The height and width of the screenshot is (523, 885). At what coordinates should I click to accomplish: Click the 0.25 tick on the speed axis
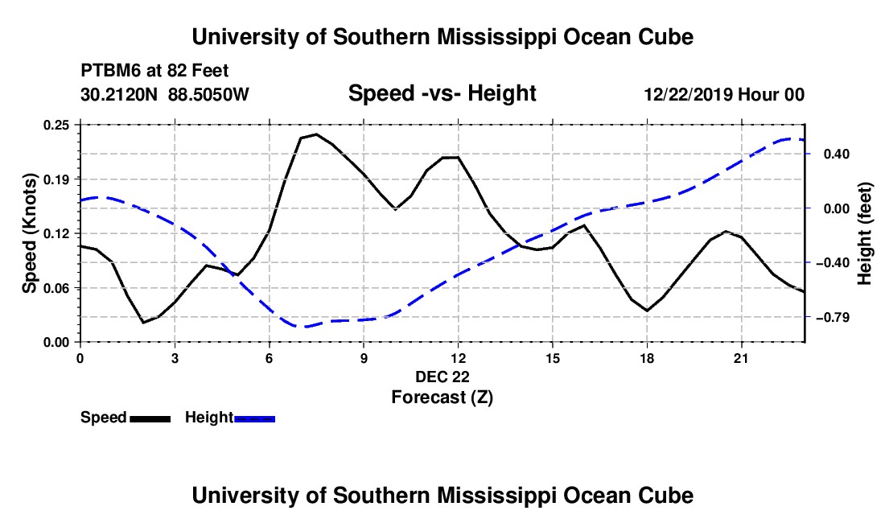(x=56, y=126)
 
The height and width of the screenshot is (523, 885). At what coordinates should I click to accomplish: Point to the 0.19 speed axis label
(x=56, y=179)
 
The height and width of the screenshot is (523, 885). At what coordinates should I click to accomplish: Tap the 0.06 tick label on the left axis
(x=56, y=288)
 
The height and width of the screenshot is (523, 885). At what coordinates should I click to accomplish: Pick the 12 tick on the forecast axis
(x=459, y=358)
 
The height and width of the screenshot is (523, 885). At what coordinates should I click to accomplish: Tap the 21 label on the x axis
(x=741, y=358)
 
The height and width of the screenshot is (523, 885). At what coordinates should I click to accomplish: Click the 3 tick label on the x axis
(x=175, y=358)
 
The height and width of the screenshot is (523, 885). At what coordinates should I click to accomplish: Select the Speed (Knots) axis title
(x=29, y=233)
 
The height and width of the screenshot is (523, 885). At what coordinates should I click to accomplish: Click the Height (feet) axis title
(x=865, y=233)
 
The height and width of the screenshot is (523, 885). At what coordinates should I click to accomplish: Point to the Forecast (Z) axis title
(x=442, y=397)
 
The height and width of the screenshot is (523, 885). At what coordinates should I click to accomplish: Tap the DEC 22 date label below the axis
(x=442, y=377)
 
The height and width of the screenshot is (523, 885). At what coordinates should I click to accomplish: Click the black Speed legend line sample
(x=150, y=419)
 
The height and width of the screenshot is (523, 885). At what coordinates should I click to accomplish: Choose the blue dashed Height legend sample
(x=254, y=419)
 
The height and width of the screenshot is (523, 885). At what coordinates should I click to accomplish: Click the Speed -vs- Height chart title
(x=442, y=93)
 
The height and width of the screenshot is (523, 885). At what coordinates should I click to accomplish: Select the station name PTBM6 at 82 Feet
(x=154, y=71)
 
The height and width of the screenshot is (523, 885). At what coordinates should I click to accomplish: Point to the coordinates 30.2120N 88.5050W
(x=165, y=94)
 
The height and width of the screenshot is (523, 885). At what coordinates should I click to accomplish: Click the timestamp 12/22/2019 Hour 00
(x=724, y=94)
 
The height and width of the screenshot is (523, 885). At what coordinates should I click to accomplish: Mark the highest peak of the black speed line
(x=316, y=134)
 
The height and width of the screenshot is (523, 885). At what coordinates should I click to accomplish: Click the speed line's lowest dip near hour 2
(x=144, y=323)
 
